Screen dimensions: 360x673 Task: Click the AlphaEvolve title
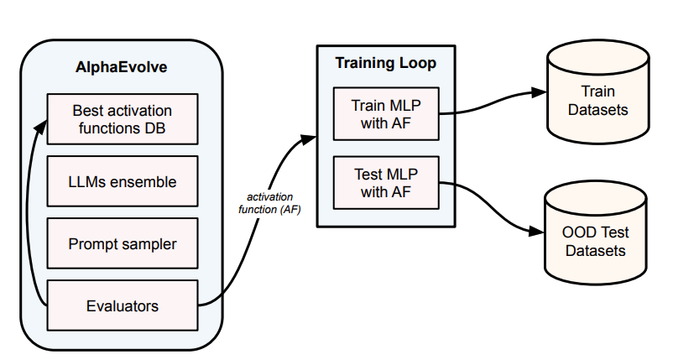click(x=122, y=67)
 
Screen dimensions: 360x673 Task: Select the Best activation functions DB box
click(x=122, y=119)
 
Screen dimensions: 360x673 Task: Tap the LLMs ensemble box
click(x=122, y=181)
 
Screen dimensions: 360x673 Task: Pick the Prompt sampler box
click(x=122, y=243)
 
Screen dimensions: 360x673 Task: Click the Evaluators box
click(x=122, y=305)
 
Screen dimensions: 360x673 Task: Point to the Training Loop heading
click(x=385, y=63)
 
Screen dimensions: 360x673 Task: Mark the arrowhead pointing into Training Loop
click(x=309, y=139)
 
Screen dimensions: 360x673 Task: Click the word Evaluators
click(x=122, y=305)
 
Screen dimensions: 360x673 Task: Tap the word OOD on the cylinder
click(x=576, y=232)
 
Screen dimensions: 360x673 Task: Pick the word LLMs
click(x=88, y=181)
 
